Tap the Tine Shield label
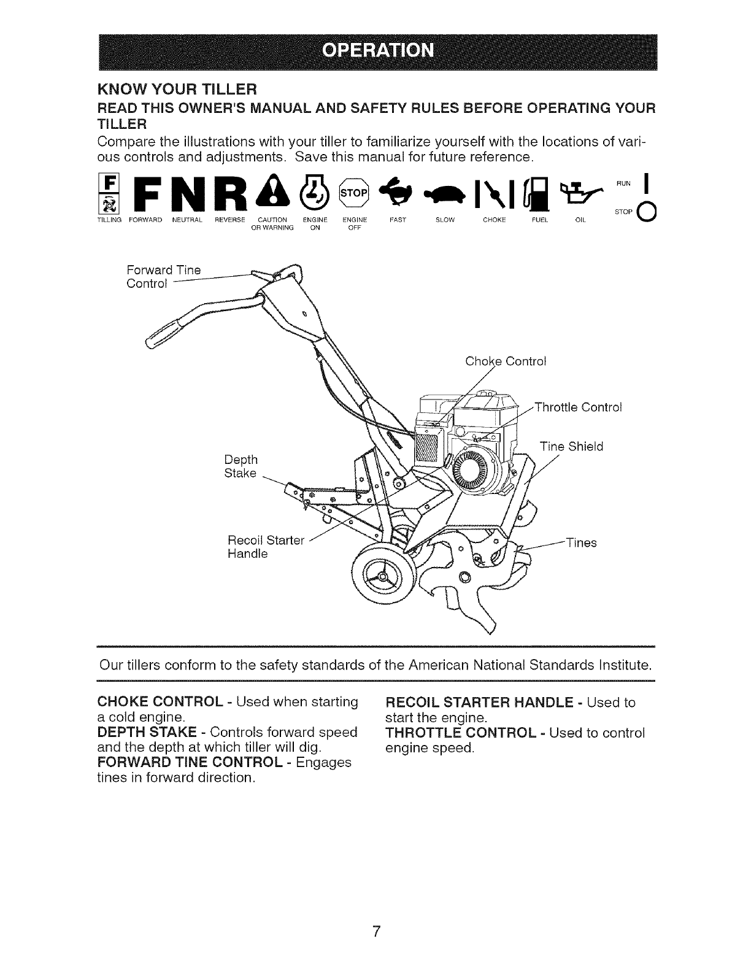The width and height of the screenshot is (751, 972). (x=571, y=446)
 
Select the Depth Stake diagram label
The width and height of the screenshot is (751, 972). (x=241, y=466)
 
